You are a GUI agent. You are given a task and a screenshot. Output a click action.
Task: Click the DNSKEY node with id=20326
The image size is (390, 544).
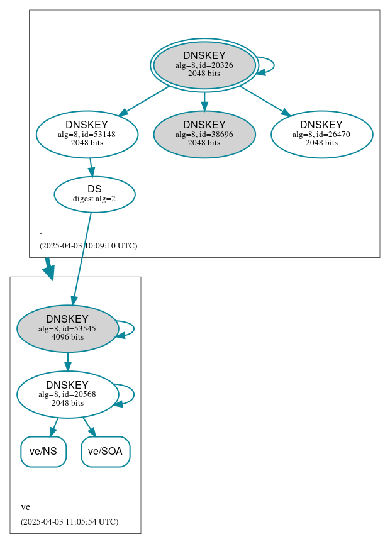pyautogui.click(x=204, y=65)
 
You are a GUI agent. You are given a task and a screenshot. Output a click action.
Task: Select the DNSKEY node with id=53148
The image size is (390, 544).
pyautogui.click(x=87, y=134)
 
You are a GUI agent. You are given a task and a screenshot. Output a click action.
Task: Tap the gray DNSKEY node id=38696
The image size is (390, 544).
pyautogui.click(x=204, y=134)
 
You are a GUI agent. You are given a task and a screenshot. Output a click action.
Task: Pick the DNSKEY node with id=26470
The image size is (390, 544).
pyautogui.click(x=321, y=134)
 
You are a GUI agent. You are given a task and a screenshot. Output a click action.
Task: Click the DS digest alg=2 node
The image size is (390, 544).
pyautogui.click(x=94, y=194)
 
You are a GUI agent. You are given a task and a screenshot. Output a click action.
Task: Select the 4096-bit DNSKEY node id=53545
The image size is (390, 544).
pyautogui.click(x=67, y=328)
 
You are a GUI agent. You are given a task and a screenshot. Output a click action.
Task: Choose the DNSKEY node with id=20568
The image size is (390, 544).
pyautogui.click(x=67, y=394)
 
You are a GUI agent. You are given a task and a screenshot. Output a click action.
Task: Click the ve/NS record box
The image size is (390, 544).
pyautogui.click(x=43, y=452)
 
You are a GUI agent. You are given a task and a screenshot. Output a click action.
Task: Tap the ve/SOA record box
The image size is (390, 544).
pyautogui.click(x=105, y=452)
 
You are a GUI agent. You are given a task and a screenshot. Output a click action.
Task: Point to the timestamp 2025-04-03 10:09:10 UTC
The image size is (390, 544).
pyautogui.click(x=88, y=245)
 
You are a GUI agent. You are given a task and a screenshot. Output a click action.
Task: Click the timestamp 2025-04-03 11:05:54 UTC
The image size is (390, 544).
pyautogui.click(x=69, y=521)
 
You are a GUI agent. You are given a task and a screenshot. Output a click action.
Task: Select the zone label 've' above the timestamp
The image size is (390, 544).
pyautogui.click(x=25, y=507)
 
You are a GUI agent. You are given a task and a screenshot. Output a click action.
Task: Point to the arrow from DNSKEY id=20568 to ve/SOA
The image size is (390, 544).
pyautogui.click(x=89, y=426)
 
